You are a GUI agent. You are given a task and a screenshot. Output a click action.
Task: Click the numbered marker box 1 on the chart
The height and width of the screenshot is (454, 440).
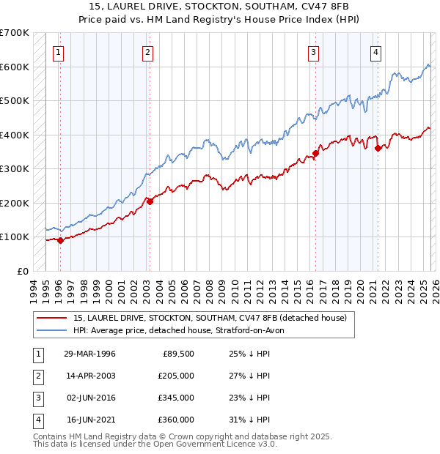pyautogui.click(x=58, y=52)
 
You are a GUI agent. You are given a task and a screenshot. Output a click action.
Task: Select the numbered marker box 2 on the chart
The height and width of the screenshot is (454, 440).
pyautogui.click(x=147, y=52)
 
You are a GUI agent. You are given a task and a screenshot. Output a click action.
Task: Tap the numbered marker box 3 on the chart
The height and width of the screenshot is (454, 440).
pyautogui.click(x=313, y=52)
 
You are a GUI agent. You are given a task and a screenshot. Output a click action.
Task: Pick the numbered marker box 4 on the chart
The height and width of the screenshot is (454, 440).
pyautogui.click(x=375, y=52)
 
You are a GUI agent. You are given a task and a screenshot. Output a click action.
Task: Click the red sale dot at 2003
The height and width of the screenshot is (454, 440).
pyautogui.click(x=150, y=201)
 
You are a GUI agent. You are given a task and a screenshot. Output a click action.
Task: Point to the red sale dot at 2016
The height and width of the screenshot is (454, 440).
pyautogui.click(x=315, y=154)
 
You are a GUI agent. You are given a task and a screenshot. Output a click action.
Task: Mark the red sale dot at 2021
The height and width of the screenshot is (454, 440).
pyautogui.click(x=378, y=149)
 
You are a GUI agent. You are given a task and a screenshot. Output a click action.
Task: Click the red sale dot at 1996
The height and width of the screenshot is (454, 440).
pyautogui.click(x=60, y=241)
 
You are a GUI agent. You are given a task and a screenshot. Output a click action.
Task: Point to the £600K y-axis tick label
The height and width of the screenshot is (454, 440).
pyautogui.click(x=15, y=67)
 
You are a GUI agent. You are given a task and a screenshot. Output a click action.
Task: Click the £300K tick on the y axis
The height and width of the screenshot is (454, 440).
pyautogui.click(x=15, y=168)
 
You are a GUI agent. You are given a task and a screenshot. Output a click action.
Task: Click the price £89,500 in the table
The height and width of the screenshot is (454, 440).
pyautogui.click(x=177, y=354)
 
